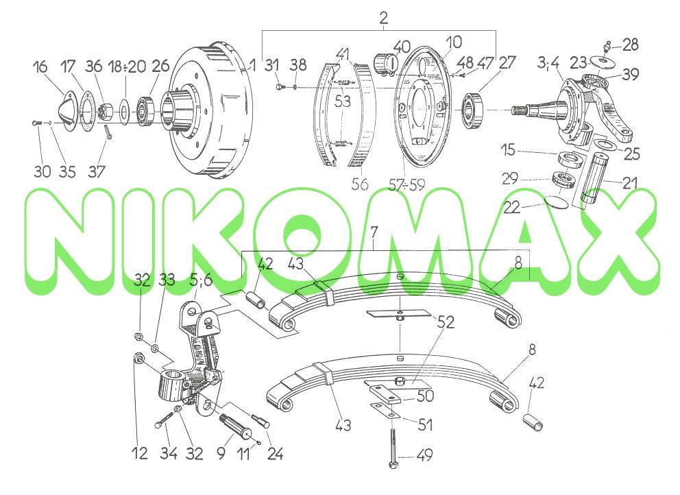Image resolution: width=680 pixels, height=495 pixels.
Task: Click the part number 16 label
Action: click(x=40, y=67)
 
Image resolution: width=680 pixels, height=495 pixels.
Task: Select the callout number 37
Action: click(x=96, y=171)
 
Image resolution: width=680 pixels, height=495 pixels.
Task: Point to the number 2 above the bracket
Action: click(x=383, y=19)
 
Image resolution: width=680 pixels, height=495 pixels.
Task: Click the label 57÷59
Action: click(x=406, y=185)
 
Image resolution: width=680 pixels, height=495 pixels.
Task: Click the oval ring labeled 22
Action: click(x=557, y=202)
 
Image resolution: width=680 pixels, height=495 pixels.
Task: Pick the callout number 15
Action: click(x=508, y=150)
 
